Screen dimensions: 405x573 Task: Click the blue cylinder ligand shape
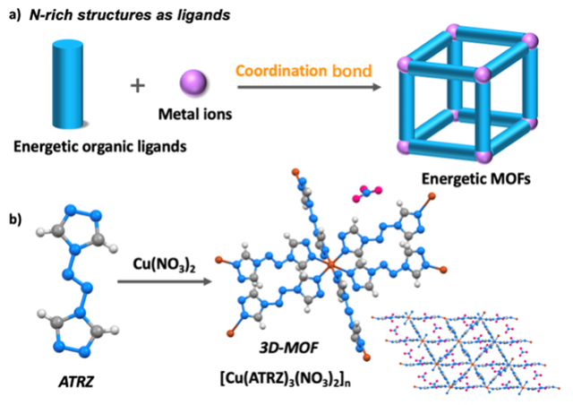(68, 82)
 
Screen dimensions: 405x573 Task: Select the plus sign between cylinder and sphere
(137, 86)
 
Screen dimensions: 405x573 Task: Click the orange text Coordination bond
(304, 71)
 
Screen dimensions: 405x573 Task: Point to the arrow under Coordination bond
(304, 87)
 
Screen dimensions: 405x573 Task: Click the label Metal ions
(194, 115)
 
